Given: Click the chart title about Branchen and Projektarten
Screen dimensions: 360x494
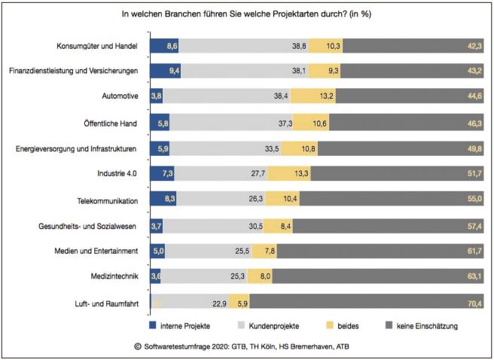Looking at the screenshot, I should [x=246, y=13].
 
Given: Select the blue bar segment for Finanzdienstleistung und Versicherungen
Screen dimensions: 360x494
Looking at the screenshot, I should [x=166, y=72].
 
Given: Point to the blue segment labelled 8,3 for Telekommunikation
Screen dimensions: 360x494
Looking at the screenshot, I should [x=163, y=200].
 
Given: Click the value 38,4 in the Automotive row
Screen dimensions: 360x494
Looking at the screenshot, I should [x=281, y=97].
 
